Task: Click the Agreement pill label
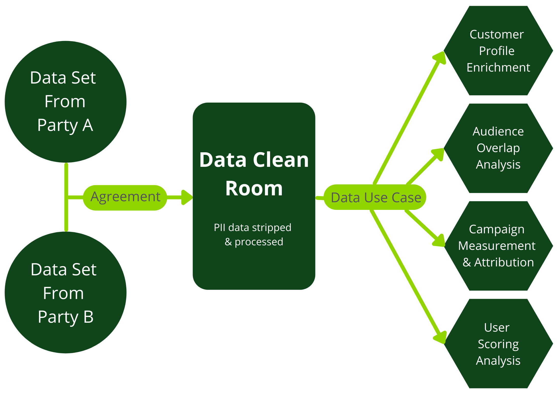tap(125, 197)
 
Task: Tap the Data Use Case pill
tap(376, 198)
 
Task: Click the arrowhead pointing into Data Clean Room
tap(187, 197)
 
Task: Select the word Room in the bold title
tap(254, 188)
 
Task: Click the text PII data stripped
tap(252, 227)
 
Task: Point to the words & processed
tap(254, 242)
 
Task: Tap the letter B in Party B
tap(88, 317)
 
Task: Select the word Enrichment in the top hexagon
tap(498, 67)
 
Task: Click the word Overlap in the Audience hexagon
tap(498, 148)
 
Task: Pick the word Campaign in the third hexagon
tap(497, 229)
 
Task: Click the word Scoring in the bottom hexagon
tap(498, 344)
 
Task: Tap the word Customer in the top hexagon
tap(497, 34)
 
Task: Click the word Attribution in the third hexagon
tap(504, 262)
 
